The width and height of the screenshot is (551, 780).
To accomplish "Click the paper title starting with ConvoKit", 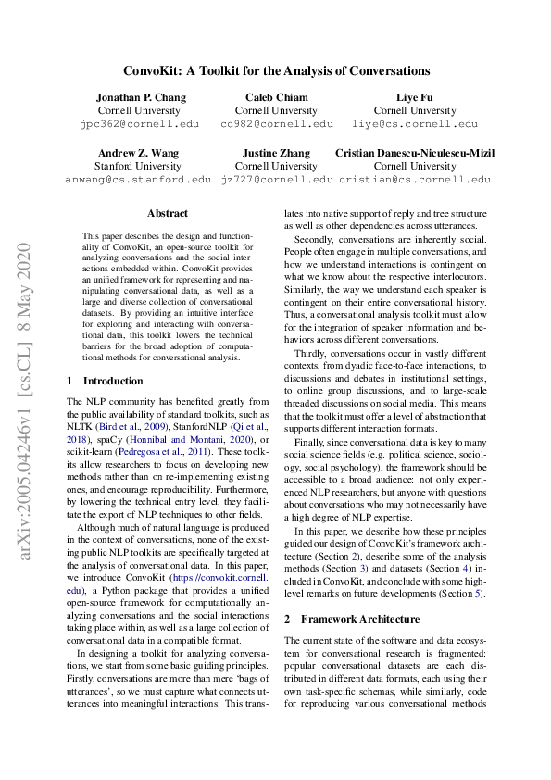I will (x=277, y=70).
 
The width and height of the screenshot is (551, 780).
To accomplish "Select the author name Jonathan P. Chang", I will (x=141, y=97).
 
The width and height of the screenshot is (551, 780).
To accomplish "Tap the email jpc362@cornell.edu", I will (x=141, y=123).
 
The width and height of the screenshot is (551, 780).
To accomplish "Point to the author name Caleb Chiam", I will (x=276, y=97).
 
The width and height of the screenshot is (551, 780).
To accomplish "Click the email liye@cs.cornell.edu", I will (x=415, y=123).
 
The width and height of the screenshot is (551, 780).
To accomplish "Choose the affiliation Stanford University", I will (x=138, y=166).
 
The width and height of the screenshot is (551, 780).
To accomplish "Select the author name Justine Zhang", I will (x=276, y=153).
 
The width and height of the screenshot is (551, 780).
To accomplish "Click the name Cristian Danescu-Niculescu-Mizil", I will (x=415, y=153).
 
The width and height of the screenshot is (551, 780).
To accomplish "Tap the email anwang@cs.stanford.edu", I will (x=138, y=179).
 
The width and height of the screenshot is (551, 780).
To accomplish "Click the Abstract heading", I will (x=167, y=213).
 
